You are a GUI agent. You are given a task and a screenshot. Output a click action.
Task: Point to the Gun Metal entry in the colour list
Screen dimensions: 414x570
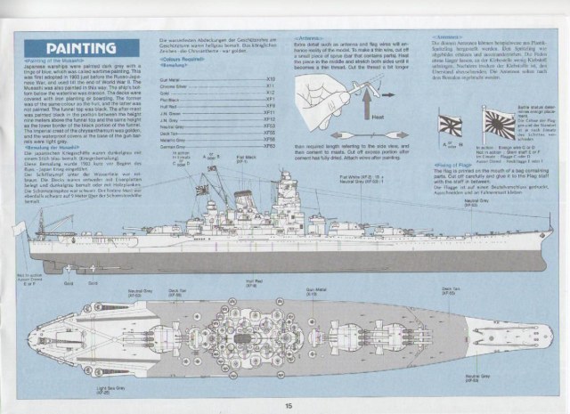click(x=168, y=79)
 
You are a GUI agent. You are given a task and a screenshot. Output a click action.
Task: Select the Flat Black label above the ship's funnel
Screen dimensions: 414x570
click(x=241, y=161)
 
